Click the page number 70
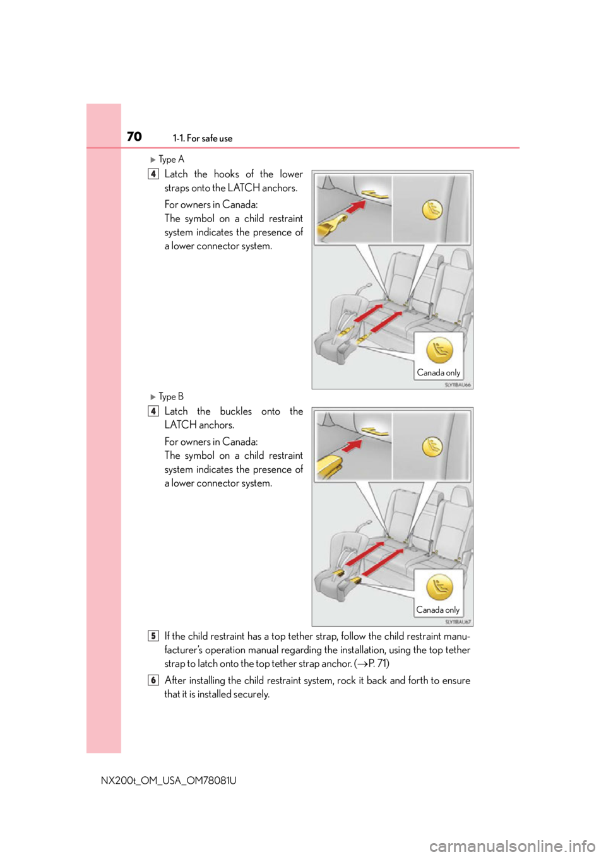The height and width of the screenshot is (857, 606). pyautogui.click(x=134, y=136)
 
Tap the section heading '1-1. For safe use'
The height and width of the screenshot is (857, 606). pyautogui.click(x=203, y=138)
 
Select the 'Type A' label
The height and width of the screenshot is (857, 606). pyautogui.click(x=172, y=159)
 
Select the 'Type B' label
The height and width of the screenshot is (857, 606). pyautogui.click(x=171, y=396)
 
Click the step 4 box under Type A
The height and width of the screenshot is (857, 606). pyautogui.click(x=153, y=174)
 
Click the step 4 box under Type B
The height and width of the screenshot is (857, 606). pyautogui.click(x=153, y=411)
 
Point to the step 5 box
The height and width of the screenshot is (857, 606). pyautogui.click(x=153, y=636)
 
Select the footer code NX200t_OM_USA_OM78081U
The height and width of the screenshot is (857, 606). pyautogui.click(x=169, y=780)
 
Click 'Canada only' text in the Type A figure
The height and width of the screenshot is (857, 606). pyautogui.click(x=439, y=372)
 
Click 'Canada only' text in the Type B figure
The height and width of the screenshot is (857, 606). pyautogui.click(x=437, y=610)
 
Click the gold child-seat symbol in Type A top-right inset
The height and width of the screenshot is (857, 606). pyautogui.click(x=432, y=210)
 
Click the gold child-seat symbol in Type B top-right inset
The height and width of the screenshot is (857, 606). pyautogui.click(x=432, y=447)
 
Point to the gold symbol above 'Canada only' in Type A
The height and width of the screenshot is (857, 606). pyautogui.click(x=439, y=350)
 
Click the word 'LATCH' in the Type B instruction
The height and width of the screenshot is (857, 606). pyautogui.click(x=181, y=425)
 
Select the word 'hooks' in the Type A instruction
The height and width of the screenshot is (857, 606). pyautogui.click(x=226, y=174)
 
